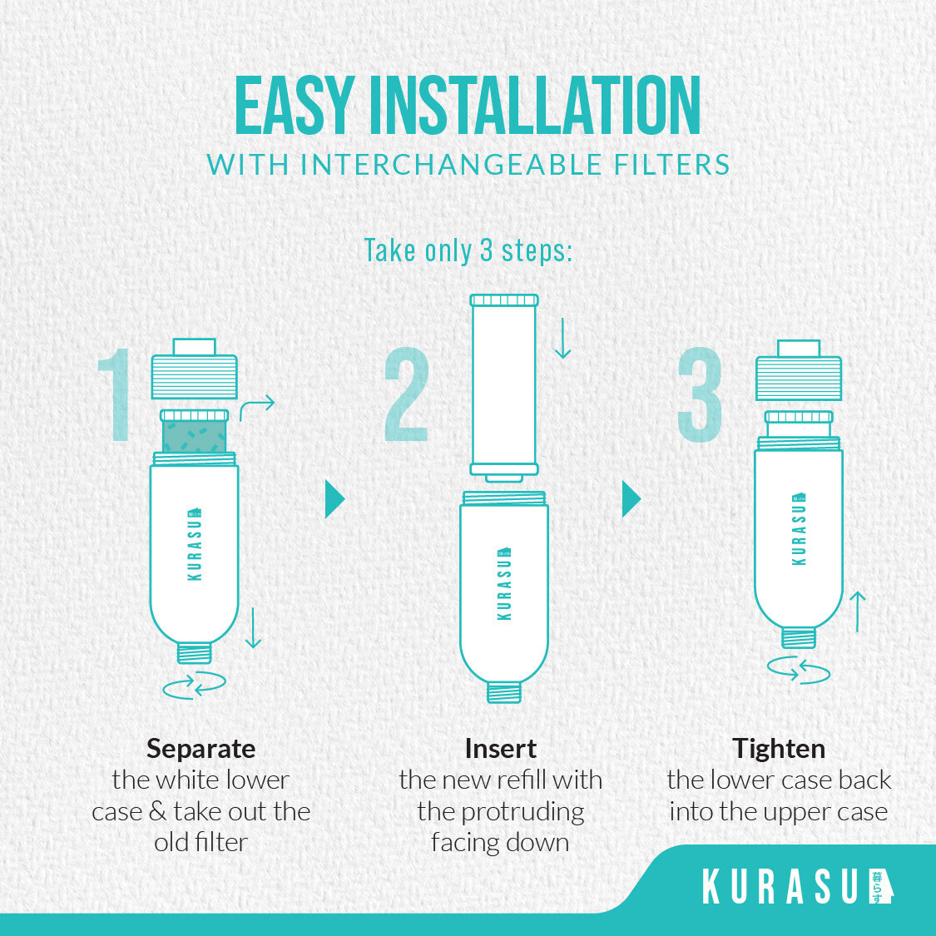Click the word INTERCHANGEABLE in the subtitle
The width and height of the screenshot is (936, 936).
[x=451, y=165]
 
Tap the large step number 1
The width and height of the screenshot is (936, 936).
[x=115, y=394]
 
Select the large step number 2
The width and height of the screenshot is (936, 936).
[x=407, y=394]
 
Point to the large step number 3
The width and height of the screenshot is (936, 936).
[x=700, y=394]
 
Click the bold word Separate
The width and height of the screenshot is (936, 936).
[x=201, y=749]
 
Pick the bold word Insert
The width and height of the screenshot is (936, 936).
[x=501, y=749]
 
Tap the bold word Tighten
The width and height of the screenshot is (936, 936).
[x=779, y=749]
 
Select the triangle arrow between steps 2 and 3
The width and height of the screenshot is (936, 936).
[x=631, y=498]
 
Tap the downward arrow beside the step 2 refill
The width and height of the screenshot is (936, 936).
[x=562, y=339]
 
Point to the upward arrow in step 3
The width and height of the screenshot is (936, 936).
[x=857, y=612]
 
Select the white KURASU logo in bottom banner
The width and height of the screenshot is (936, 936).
[x=798, y=886]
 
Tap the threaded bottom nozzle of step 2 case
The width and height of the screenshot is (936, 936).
[x=504, y=692]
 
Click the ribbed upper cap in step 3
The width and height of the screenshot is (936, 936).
[x=799, y=378]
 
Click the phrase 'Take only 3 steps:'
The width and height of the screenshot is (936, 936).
[x=468, y=250]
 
